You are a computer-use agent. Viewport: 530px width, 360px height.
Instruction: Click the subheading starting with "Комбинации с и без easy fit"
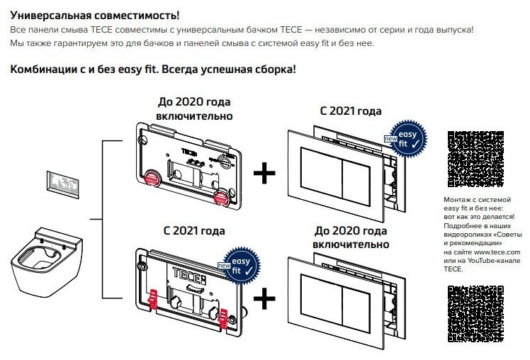pos(152,69)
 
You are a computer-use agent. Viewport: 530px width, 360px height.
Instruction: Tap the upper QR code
pos(470,160)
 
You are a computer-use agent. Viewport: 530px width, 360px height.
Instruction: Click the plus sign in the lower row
pos(264,300)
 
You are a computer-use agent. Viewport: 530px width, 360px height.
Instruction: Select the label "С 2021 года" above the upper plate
pos(351,111)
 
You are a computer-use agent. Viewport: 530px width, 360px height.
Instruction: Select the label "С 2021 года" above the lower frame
pos(194,231)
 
